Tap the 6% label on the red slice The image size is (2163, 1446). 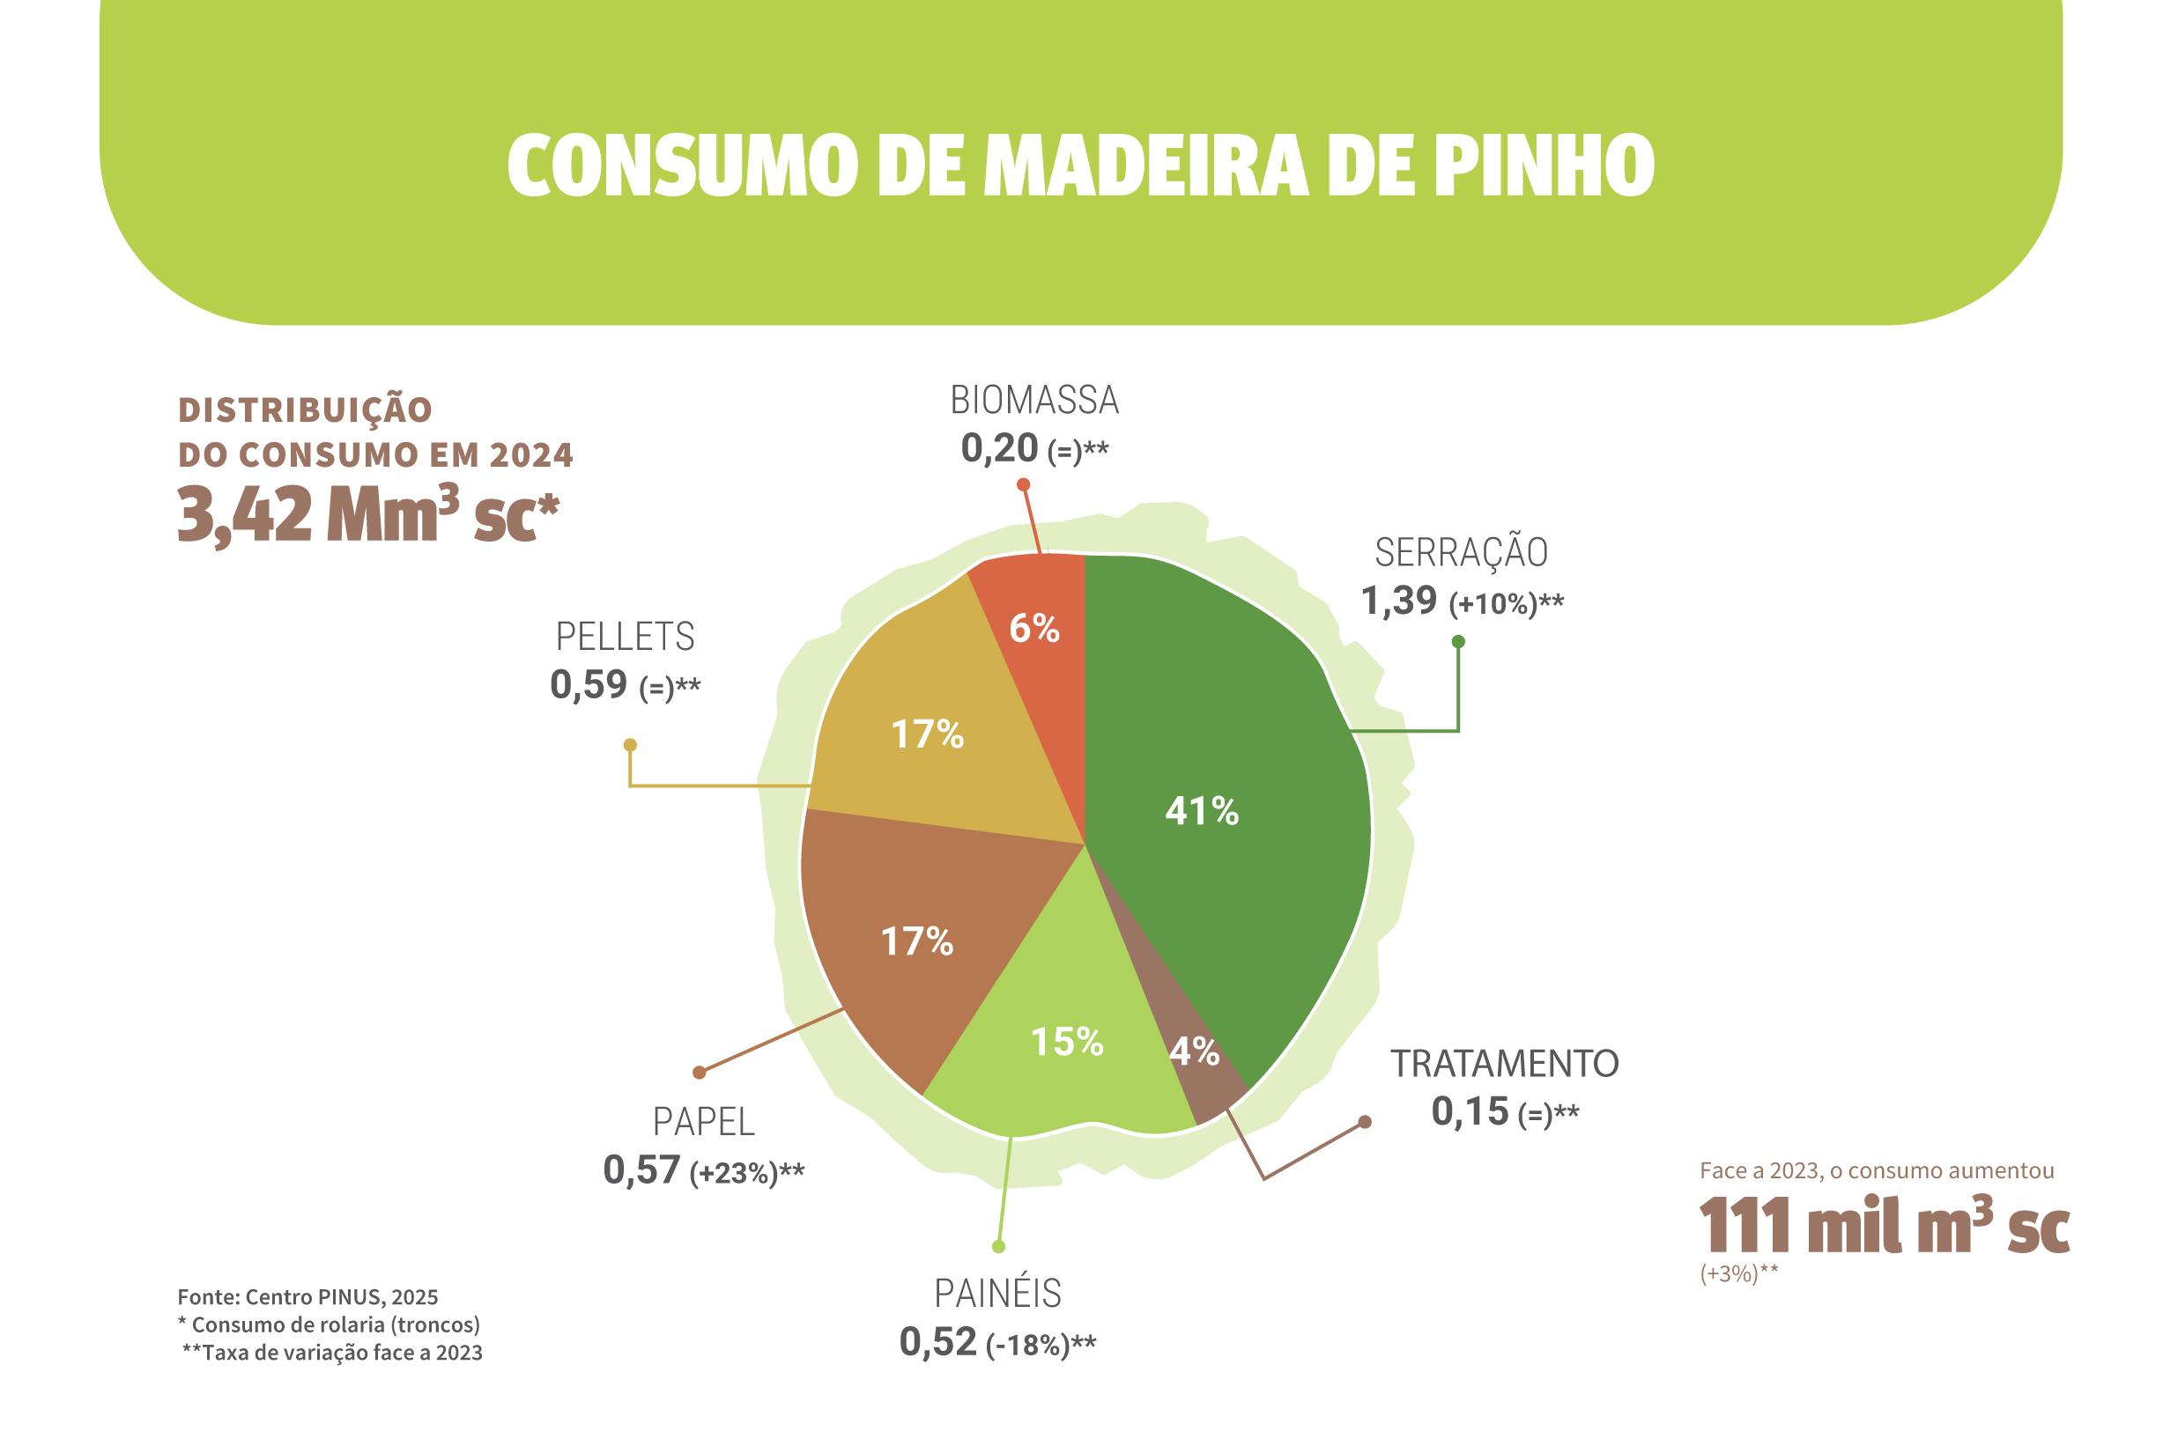pyautogui.click(x=1034, y=629)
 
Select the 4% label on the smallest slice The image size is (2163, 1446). pyautogui.click(x=1195, y=1051)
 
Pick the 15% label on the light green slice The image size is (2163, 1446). pyautogui.click(x=1066, y=1042)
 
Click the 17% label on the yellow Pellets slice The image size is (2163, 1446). pyautogui.click(x=927, y=735)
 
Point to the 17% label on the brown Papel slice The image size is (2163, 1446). pyautogui.click(x=917, y=941)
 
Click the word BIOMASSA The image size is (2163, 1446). pyautogui.click(x=1034, y=400)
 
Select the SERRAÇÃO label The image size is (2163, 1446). pyautogui.click(x=1461, y=552)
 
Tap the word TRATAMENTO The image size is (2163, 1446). pyautogui.click(x=1505, y=1064)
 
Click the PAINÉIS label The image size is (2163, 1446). pyautogui.click(x=997, y=1294)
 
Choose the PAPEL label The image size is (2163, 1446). pyautogui.click(x=704, y=1122)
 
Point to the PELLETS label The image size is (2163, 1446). pyautogui.click(x=625, y=638)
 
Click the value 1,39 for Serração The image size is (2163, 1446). pyautogui.click(x=1398, y=601)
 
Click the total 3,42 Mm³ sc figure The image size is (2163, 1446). pyautogui.click(x=368, y=514)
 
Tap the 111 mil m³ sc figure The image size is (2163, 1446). pyautogui.click(x=1884, y=1226)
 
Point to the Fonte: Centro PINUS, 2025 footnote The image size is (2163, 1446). pyautogui.click(x=307, y=1297)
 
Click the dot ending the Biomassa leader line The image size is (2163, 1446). pyautogui.click(x=1023, y=485)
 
